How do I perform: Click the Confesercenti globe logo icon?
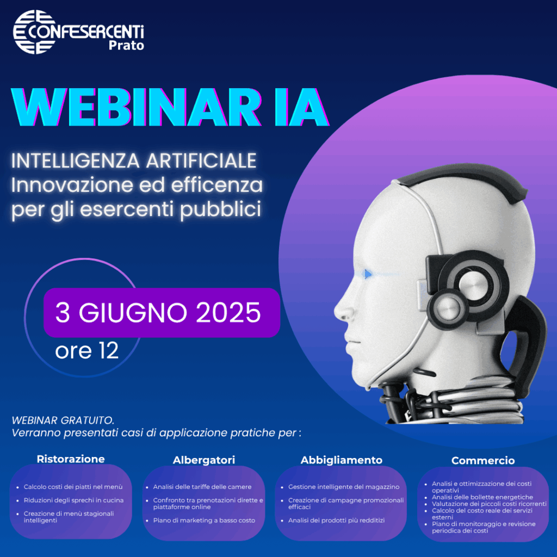(x=34, y=32)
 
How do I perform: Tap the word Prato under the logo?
(x=126, y=46)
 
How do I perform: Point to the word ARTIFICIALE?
(x=201, y=160)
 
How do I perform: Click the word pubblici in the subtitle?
(x=220, y=209)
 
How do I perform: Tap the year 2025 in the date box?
(x=228, y=313)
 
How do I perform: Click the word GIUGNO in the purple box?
(x=133, y=313)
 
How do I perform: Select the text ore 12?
(x=86, y=351)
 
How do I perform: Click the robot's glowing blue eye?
(x=367, y=274)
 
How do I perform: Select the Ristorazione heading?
(x=71, y=459)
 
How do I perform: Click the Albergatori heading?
(x=204, y=460)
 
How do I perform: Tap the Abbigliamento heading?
(x=342, y=460)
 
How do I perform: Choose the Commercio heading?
(x=483, y=460)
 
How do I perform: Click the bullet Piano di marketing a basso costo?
(x=205, y=521)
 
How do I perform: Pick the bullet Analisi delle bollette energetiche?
(x=482, y=497)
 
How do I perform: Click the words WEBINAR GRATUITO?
(x=63, y=420)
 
